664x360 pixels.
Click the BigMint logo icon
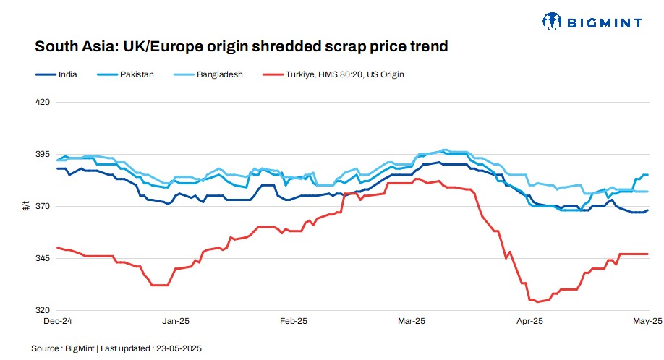pyautogui.click(x=553, y=21)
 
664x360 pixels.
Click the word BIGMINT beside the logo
pyautogui.click(x=605, y=22)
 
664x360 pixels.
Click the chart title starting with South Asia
pyautogui.click(x=242, y=47)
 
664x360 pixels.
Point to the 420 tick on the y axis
pyautogui.click(x=42, y=102)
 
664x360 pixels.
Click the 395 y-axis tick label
pyautogui.click(x=42, y=154)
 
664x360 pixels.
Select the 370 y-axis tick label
pyautogui.click(x=42, y=206)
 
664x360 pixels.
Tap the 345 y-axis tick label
pyautogui.click(x=42, y=258)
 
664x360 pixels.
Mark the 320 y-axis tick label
pyautogui.click(x=42, y=310)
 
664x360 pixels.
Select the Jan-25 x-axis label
pyautogui.click(x=176, y=320)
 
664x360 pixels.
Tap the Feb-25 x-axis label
pyautogui.click(x=294, y=320)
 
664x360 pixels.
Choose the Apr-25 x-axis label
pyautogui.click(x=530, y=320)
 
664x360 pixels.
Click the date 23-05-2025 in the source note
pyautogui.click(x=180, y=348)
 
